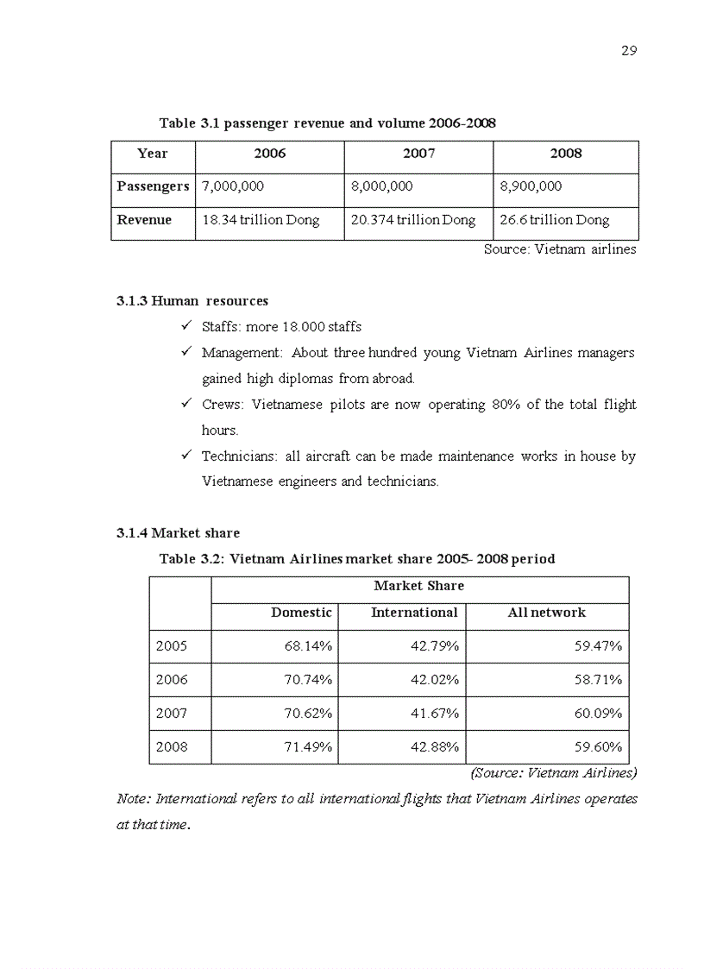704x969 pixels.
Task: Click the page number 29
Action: tap(629, 51)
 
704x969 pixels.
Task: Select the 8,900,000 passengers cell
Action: tap(531, 186)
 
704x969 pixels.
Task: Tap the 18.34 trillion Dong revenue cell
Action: tap(261, 220)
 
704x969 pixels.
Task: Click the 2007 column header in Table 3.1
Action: tap(418, 154)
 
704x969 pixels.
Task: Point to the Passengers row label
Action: tap(153, 186)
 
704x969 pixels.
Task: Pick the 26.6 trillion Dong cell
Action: tap(555, 220)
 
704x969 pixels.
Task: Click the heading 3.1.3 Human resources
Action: tap(192, 301)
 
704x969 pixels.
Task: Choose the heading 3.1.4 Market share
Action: tap(178, 533)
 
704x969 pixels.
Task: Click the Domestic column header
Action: tap(301, 613)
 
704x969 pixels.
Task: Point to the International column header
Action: tap(414, 613)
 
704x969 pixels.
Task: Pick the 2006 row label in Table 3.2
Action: tap(172, 680)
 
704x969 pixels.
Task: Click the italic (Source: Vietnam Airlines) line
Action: tap(554, 773)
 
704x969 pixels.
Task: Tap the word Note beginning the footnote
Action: tap(132, 799)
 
